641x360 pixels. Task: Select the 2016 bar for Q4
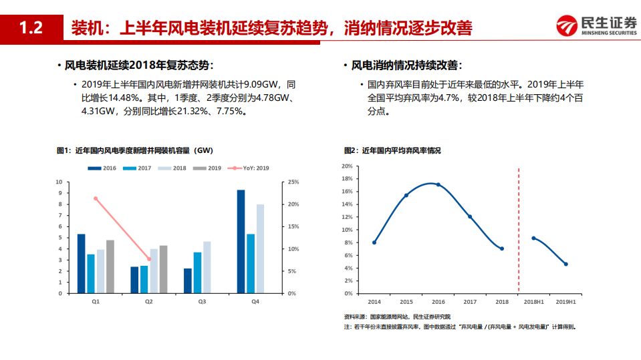click(x=241, y=241)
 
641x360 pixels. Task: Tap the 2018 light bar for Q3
click(x=207, y=267)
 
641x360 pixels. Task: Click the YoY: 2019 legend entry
click(x=249, y=168)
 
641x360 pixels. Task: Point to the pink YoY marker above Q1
click(x=96, y=198)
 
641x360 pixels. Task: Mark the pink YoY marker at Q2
click(x=149, y=259)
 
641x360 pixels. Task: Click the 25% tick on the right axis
click(x=292, y=182)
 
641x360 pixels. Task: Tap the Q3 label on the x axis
click(x=202, y=302)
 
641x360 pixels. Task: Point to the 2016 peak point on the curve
click(x=438, y=184)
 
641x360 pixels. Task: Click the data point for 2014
click(x=374, y=242)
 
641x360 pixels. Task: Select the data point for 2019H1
click(x=565, y=264)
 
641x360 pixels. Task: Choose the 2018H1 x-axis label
click(x=533, y=302)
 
